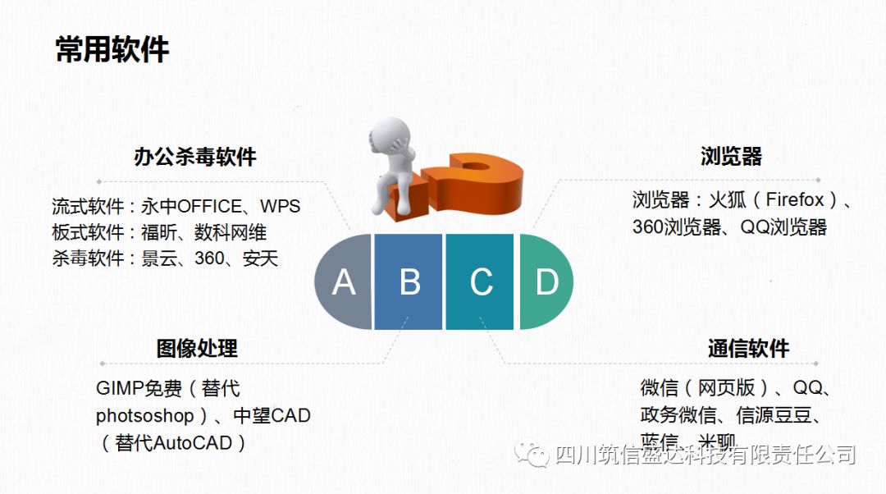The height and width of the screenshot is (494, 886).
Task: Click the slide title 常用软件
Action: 112,49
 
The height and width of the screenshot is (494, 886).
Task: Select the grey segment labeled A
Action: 344,281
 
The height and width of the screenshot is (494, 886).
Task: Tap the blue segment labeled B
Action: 409,281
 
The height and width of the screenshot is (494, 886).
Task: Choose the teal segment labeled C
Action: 481,281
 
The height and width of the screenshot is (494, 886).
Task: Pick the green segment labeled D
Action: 546,281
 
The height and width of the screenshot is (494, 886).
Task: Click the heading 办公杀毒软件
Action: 195,157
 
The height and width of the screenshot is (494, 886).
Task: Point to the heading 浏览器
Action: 732,156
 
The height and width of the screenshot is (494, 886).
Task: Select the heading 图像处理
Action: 197,348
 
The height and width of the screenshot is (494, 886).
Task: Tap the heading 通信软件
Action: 748,348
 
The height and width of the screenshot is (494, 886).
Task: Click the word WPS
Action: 280,206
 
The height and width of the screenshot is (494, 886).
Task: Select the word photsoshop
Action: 144,415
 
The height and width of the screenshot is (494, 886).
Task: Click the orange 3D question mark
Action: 472,185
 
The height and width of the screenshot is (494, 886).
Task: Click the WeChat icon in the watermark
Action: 537,454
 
